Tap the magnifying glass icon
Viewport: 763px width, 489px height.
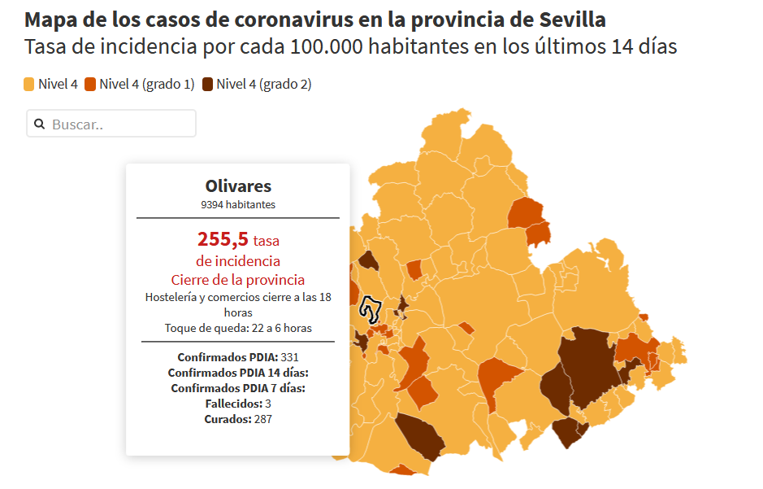click(39, 124)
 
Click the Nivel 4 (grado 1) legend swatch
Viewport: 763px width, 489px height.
click(90, 84)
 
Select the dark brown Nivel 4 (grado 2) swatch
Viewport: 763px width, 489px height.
click(208, 84)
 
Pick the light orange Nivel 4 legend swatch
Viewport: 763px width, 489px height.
click(29, 84)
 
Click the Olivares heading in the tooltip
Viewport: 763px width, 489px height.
click(238, 186)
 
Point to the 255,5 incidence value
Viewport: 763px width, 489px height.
click(223, 239)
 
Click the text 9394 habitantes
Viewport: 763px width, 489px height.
click(238, 204)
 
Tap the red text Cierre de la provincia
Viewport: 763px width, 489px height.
click(238, 280)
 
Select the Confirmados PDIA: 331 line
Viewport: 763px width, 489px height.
click(238, 357)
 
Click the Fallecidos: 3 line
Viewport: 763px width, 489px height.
click(238, 404)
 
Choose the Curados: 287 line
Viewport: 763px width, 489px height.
click(238, 419)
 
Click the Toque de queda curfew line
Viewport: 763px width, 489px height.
click(238, 328)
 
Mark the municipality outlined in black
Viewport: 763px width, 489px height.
click(371, 309)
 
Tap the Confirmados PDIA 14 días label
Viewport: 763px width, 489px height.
click(238, 373)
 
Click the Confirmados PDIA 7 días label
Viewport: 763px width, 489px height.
click(238, 388)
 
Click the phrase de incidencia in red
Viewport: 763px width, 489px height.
click(238, 260)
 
